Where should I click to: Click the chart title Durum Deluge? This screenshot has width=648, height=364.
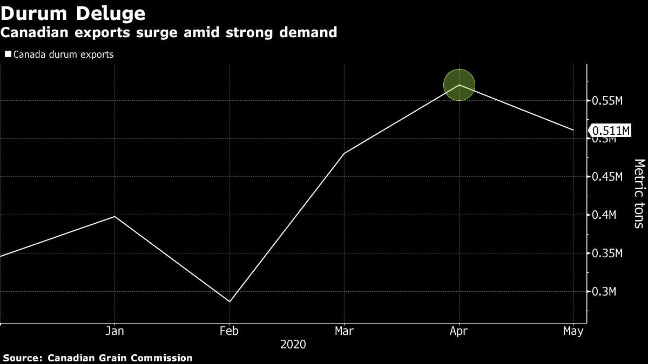pyautogui.click(x=73, y=12)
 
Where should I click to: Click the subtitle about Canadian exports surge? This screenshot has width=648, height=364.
pyautogui.click(x=168, y=33)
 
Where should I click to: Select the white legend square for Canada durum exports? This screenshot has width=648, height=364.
pyautogui.click(x=8, y=54)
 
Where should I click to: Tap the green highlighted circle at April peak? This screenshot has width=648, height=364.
pyautogui.click(x=459, y=85)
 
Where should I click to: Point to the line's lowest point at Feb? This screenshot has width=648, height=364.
pyautogui.click(x=230, y=301)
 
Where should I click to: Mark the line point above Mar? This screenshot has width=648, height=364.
pyautogui.click(x=345, y=153)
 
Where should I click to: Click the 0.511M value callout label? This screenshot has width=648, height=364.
pyautogui.click(x=611, y=131)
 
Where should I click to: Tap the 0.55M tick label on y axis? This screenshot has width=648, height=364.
pyautogui.click(x=608, y=101)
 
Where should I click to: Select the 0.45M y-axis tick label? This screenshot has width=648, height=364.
pyautogui.click(x=608, y=177)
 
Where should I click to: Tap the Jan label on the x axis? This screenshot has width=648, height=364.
pyautogui.click(x=114, y=331)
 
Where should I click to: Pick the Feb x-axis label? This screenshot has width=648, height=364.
pyautogui.click(x=229, y=331)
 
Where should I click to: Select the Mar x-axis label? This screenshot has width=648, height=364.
pyautogui.click(x=345, y=331)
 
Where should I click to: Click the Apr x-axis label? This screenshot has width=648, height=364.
pyautogui.click(x=459, y=331)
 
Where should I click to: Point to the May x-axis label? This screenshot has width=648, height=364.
pyautogui.click(x=573, y=331)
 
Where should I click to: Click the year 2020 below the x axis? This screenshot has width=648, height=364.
pyautogui.click(x=293, y=344)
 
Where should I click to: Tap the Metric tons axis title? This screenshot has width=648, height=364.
pyautogui.click(x=639, y=193)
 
